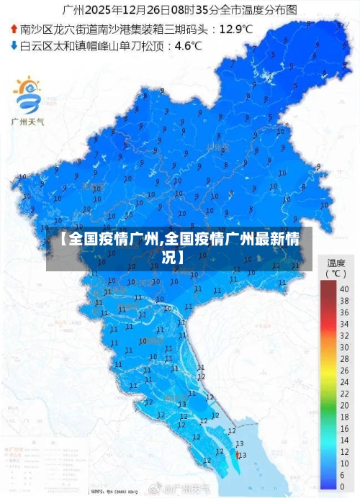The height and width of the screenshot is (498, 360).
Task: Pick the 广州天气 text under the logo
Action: pyautogui.click(x=30, y=120)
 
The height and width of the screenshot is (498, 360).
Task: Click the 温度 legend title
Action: pyautogui.click(x=336, y=263)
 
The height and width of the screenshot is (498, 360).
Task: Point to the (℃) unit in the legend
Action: pyautogui.click(x=336, y=274)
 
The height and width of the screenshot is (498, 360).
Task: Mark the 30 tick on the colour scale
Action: pyautogui.click(x=344, y=348)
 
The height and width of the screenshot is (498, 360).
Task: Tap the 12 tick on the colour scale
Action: pyautogui.click(x=344, y=451)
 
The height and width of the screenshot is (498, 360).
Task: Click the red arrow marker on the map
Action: pyautogui.click(x=238, y=454)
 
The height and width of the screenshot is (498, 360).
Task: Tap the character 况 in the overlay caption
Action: pyautogui.click(x=168, y=256)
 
